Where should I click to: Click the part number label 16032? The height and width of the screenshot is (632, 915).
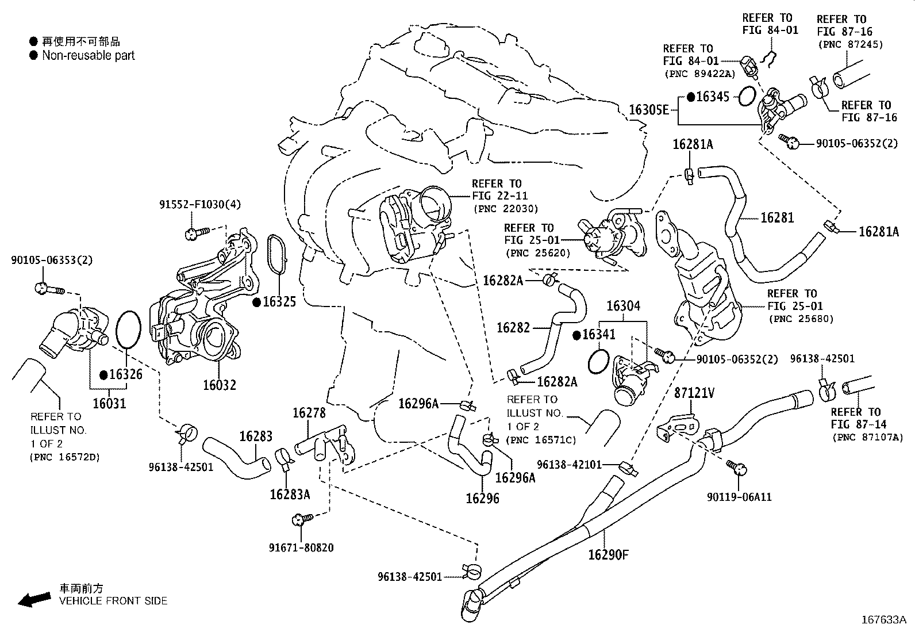[219, 385]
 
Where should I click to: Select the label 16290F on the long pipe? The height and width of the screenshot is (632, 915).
[608, 555]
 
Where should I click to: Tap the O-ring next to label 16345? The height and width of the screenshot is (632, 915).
[746, 97]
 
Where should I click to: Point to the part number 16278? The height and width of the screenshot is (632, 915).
[309, 413]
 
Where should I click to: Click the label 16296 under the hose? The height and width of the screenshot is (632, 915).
[482, 498]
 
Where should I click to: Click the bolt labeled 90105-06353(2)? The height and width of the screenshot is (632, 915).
[44, 288]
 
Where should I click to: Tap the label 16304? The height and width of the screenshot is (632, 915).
[622, 306]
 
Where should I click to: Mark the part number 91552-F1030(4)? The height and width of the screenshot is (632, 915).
[200, 204]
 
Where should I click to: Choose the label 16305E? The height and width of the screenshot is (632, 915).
[649, 109]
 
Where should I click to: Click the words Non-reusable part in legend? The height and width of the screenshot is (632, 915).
[89, 56]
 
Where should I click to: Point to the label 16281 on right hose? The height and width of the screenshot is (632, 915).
[777, 218]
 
